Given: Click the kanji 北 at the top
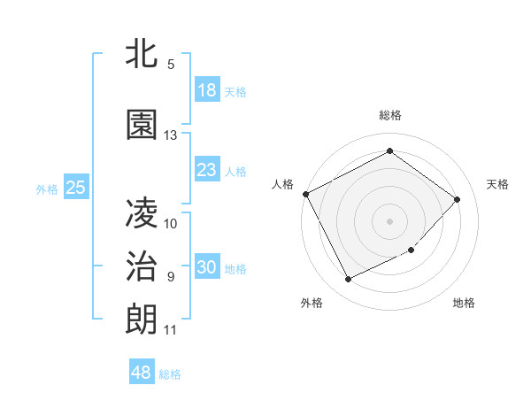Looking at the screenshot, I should [x=142, y=55].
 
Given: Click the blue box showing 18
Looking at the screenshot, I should [x=206, y=90].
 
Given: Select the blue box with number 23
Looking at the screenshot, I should [x=206, y=170].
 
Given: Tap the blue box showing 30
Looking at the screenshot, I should [x=206, y=268].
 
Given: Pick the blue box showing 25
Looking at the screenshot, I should [x=75, y=188].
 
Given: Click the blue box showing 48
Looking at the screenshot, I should [x=142, y=373].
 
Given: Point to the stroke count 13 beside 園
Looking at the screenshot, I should [x=171, y=135].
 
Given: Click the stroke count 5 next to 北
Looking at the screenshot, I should [x=171, y=65].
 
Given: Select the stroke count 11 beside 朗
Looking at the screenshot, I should [x=171, y=330].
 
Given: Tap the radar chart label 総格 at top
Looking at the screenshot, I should [x=389, y=115].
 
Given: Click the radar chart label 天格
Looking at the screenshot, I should [x=497, y=184].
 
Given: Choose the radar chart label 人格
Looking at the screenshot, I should [x=283, y=184].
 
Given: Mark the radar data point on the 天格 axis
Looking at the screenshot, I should [x=457, y=199].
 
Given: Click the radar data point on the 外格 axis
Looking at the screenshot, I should [x=348, y=279].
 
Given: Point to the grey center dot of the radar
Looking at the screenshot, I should [x=389, y=220].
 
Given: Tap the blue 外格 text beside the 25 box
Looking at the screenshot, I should [x=47, y=189].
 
